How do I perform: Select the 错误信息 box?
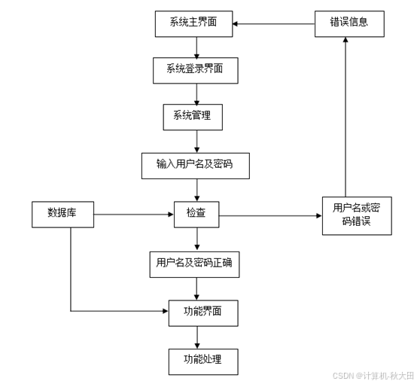350,23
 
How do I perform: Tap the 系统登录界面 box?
196,71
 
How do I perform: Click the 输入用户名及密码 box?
196,165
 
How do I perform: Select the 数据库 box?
62,214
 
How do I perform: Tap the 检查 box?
196,215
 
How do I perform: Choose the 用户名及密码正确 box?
196,263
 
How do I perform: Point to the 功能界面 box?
196,310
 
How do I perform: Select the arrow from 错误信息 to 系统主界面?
272,23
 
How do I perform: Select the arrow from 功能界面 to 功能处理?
196,334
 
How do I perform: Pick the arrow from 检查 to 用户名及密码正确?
196,239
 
